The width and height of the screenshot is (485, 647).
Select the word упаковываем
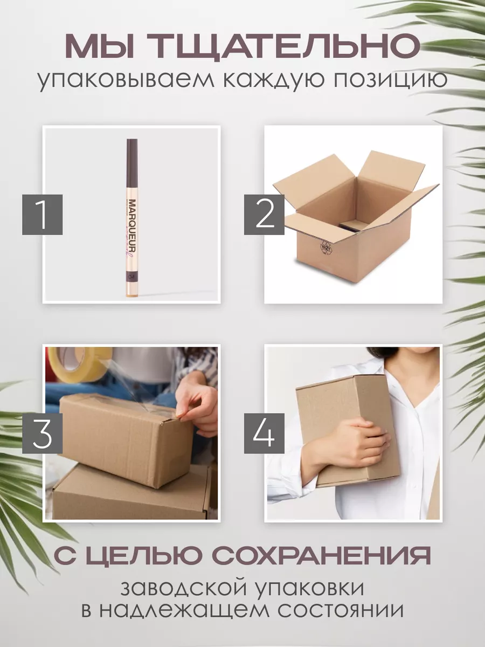[126, 80]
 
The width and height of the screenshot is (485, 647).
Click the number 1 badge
[43, 215]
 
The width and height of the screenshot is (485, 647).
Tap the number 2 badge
[264, 215]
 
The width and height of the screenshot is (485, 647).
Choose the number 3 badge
[43, 433]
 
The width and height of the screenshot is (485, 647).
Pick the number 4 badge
[264, 433]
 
